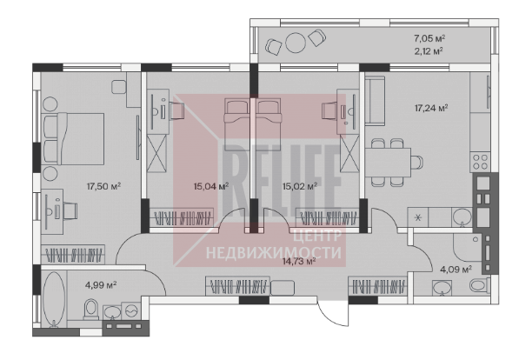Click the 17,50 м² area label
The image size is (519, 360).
point(103,186)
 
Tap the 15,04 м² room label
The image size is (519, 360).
point(211,186)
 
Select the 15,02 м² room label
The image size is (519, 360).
point(300,186)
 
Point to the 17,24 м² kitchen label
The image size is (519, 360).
point(431,108)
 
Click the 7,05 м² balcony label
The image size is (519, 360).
point(429,38)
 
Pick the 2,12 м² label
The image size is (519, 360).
point(429,51)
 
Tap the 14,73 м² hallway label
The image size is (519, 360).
point(299,262)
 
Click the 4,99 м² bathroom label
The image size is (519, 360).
point(101,285)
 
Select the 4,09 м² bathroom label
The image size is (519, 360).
point(456,270)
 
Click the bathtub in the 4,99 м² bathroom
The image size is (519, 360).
point(54,299)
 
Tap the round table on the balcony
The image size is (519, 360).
point(296,43)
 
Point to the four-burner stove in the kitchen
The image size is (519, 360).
point(480,162)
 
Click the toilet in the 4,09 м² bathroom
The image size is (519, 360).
point(480,284)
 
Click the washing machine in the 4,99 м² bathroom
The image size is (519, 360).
point(132,310)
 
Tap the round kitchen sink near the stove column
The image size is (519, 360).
point(462,217)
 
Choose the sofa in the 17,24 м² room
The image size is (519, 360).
point(375,101)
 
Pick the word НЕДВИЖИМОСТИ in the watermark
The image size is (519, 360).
point(274,253)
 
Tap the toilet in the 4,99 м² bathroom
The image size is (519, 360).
point(91,310)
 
